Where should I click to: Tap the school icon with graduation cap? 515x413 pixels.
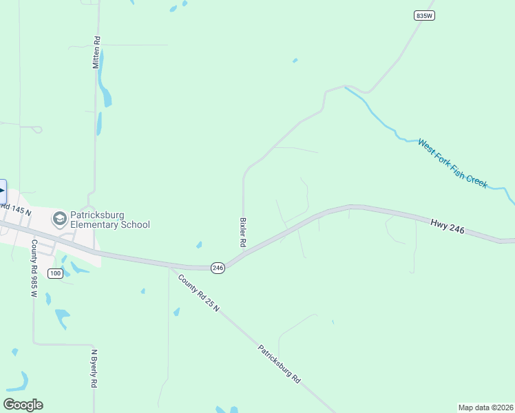[x=60, y=219]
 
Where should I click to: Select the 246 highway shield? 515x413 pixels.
[x=218, y=268]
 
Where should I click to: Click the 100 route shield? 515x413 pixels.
[x=56, y=273]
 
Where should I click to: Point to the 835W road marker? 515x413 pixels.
[x=425, y=15]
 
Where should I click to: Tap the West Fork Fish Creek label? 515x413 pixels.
[x=452, y=163]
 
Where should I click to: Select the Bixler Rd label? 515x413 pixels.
[x=242, y=233]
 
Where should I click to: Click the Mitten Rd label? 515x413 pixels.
[x=97, y=52]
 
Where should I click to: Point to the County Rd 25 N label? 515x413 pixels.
[x=198, y=293]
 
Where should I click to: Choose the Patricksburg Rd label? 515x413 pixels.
[x=280, y=364]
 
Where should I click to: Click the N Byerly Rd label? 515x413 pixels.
[x=94, y=369]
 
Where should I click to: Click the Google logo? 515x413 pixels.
[x=23, y=405]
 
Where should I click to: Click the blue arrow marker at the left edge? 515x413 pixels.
[x=3, y=191]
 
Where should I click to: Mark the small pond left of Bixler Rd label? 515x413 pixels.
[x=199, y=244]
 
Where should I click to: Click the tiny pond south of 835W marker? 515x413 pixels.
[x=295, y=61]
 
